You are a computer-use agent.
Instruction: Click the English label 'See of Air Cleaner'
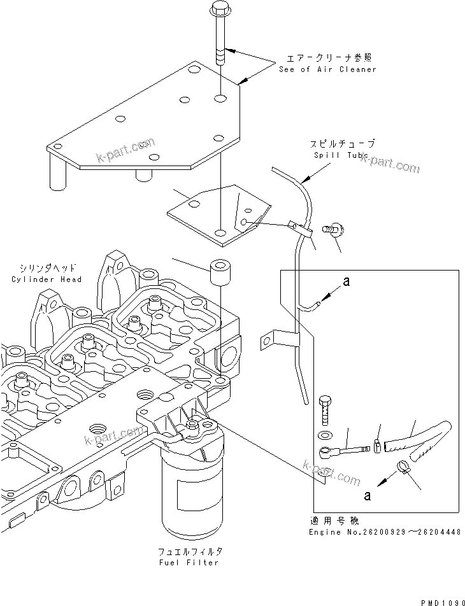click(x=327, y=69)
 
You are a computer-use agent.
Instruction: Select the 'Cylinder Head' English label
click(x=46, y=279)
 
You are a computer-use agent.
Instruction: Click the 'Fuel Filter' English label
click(x=191, y=562)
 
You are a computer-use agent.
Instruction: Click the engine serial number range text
click(x=384, y=532)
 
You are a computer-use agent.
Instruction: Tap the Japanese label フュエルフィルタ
click(x=191, y=551)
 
